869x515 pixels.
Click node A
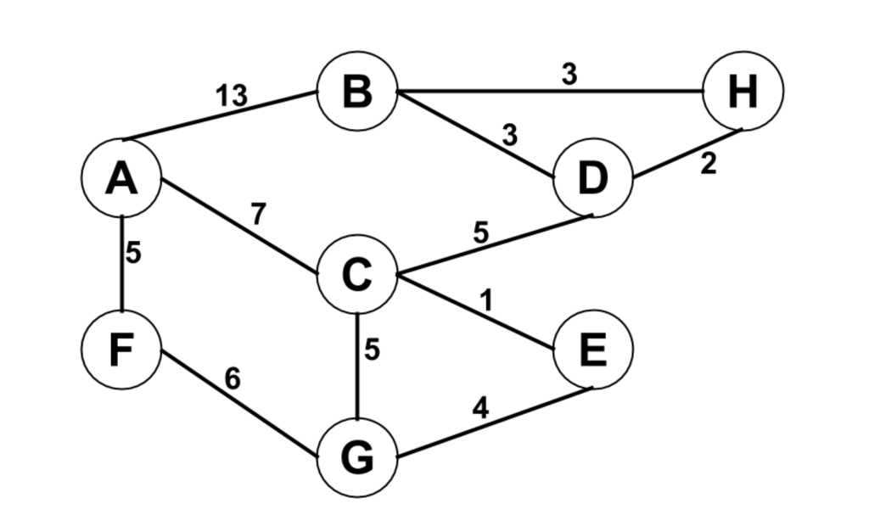(121, 178)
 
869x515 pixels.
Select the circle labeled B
(357, 91)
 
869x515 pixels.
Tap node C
(357, 275)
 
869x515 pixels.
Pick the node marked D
(592, 178)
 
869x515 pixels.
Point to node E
(592, 350)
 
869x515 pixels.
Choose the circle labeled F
(121, 350)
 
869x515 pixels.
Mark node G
(357, 458)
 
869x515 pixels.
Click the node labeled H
(743, 91)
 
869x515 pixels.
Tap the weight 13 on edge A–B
(231, 97)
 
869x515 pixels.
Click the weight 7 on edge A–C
(259, 214)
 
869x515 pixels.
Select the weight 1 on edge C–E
(487, 299)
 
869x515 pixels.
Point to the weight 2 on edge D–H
(709, 165)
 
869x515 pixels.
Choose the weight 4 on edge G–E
(480, 409)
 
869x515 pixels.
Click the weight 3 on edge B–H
(569, 75)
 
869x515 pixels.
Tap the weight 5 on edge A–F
(133, 253)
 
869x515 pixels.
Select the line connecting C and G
(357, 373)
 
